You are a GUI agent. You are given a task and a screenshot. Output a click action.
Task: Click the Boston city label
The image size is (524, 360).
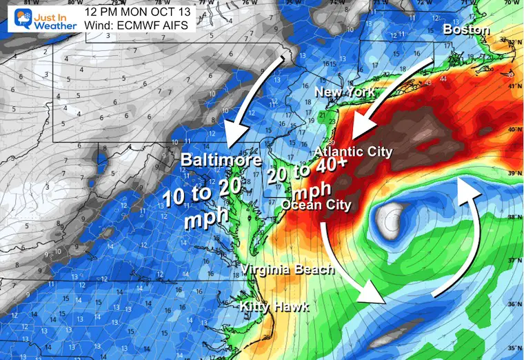(466, 30)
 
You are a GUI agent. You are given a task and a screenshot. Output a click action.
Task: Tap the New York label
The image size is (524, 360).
(344, 92)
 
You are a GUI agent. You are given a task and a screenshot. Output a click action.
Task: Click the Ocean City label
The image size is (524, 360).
(316, 205)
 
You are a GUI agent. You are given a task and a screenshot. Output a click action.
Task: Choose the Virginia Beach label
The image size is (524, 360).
(288, 270)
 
